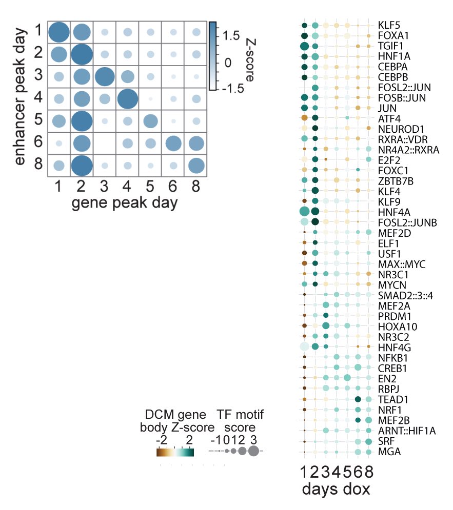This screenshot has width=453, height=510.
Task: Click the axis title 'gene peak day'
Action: pyautogui.click(x=125, y=203)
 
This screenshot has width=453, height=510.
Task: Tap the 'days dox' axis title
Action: pyautogui.click(x=336, y=489)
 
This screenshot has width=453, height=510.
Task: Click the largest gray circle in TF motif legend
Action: pyautogui.click(x=253, y=451)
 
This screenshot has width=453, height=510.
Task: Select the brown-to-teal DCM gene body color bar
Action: pyautogui.click(x=175, y=452)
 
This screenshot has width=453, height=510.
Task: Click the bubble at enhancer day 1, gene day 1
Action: pyautogui.click(x=58, y=32)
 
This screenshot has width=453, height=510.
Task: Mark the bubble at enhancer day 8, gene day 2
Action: pyautogui.click(x=81, y=166)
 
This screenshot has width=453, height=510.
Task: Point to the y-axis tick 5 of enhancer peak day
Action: pyautogui.click(x=38, y=121)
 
